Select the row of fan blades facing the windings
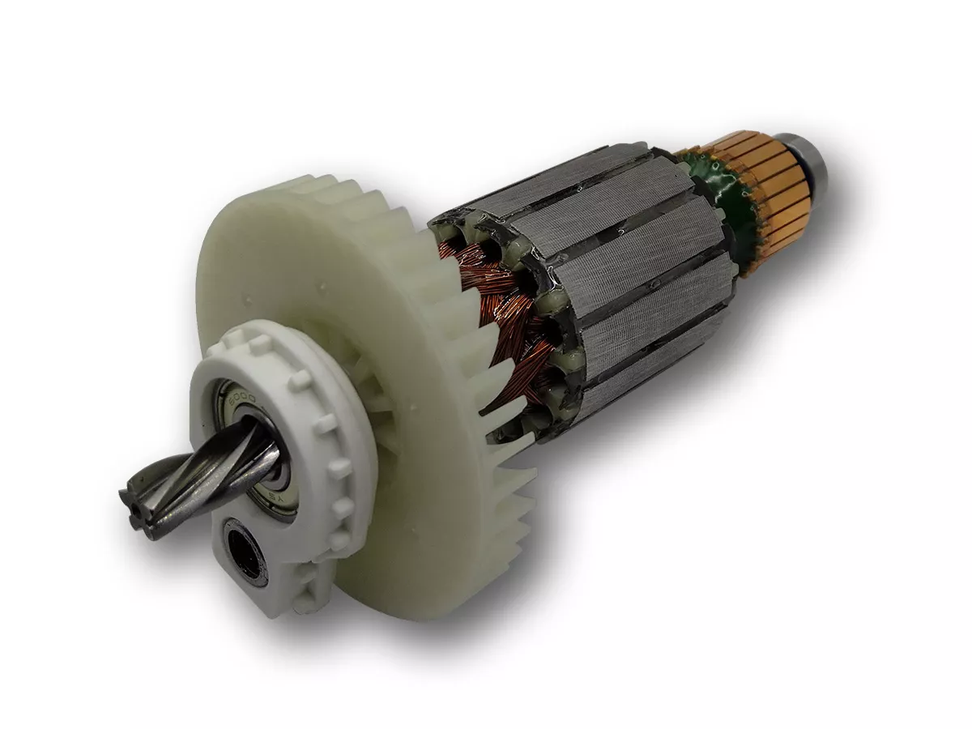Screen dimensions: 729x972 [x=478, y=381]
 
